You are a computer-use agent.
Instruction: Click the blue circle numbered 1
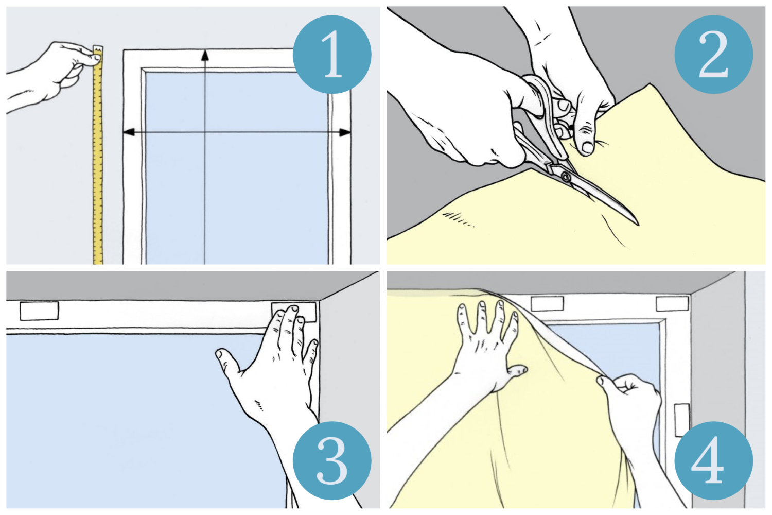(x=332, y=54)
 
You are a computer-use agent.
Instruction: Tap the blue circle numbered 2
(x=714, y=54)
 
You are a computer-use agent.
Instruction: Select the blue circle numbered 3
(x=332, y=460)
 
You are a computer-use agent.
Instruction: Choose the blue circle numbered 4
(x=714, y=460)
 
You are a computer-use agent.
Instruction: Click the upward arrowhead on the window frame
(x=205, y=56)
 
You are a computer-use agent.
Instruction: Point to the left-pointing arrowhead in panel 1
(x=129, y=132)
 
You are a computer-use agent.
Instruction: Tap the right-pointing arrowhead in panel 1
(x=345, y=132)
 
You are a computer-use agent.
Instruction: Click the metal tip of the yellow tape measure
(x=98, y=49)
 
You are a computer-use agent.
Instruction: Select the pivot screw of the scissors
(x=565, y=177)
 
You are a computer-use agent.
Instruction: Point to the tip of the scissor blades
(x=638, y=225)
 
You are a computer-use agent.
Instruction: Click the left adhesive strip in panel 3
(x=39, y=311)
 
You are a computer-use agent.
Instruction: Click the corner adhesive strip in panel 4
(x=672, y=304)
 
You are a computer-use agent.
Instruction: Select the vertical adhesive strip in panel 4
(x=682, y=420)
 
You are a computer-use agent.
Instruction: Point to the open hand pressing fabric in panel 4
(x=489, y=348)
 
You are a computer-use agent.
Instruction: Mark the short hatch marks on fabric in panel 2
(x=459, y=219)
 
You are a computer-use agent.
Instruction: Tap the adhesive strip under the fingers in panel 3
(x=294, y=312)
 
